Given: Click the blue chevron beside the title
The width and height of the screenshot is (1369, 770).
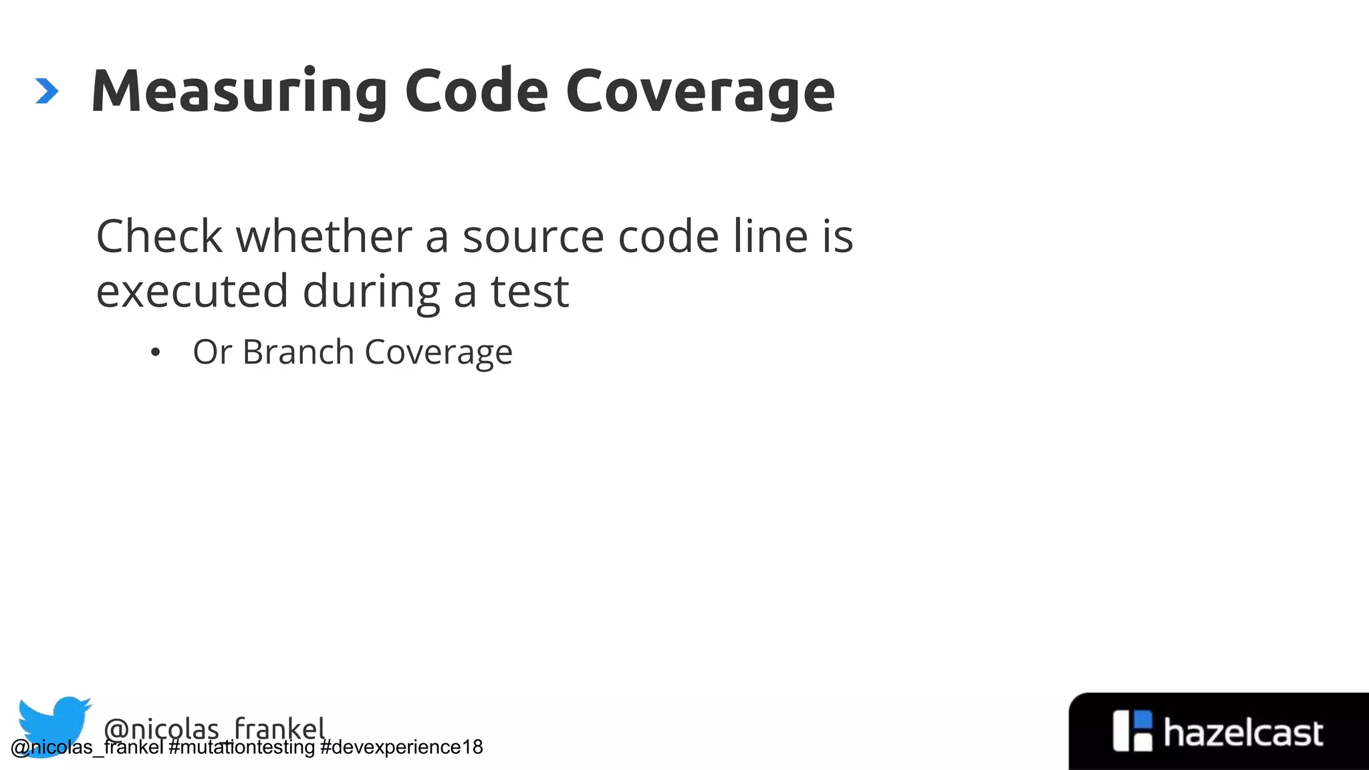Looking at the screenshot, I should [47, 92].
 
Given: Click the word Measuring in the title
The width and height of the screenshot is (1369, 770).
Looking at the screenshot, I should [239, 92].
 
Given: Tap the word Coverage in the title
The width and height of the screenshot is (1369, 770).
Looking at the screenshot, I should [700, 92].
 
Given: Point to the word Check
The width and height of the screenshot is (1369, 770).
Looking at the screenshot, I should [159, 237].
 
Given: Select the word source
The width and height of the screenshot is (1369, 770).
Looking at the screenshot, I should [533, 237].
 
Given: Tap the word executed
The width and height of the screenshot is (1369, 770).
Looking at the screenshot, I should [192, 291].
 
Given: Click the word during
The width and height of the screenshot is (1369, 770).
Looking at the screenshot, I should [371, 291].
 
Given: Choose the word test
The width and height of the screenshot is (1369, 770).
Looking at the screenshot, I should [529, 291].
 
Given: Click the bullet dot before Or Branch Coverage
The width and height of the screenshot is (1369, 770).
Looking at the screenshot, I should [156, 352].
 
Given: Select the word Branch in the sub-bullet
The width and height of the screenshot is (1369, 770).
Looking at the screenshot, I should [298, 352].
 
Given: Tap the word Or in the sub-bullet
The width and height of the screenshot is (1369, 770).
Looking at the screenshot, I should [212, 352].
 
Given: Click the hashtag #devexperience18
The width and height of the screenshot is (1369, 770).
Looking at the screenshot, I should [401, 747].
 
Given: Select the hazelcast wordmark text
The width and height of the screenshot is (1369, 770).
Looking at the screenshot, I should [1243, 733].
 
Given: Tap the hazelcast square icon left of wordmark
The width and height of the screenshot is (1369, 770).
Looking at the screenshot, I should [1132, 731].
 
